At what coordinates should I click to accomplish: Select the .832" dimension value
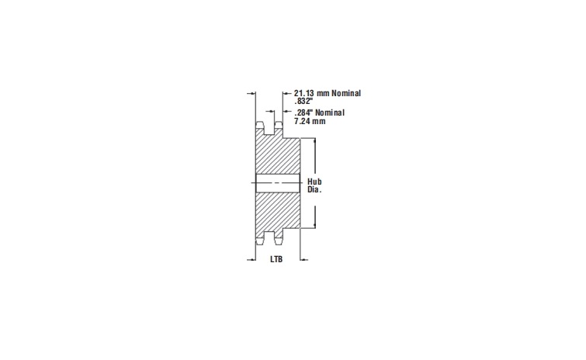coord(303,102)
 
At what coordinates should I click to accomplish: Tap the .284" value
coord(303,113)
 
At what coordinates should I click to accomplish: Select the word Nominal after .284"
coord(330,113)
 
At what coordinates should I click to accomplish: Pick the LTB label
coord(276,260)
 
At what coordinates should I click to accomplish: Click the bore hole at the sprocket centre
coord(278,185)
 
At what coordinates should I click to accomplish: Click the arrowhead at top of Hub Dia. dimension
coord(314,141)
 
